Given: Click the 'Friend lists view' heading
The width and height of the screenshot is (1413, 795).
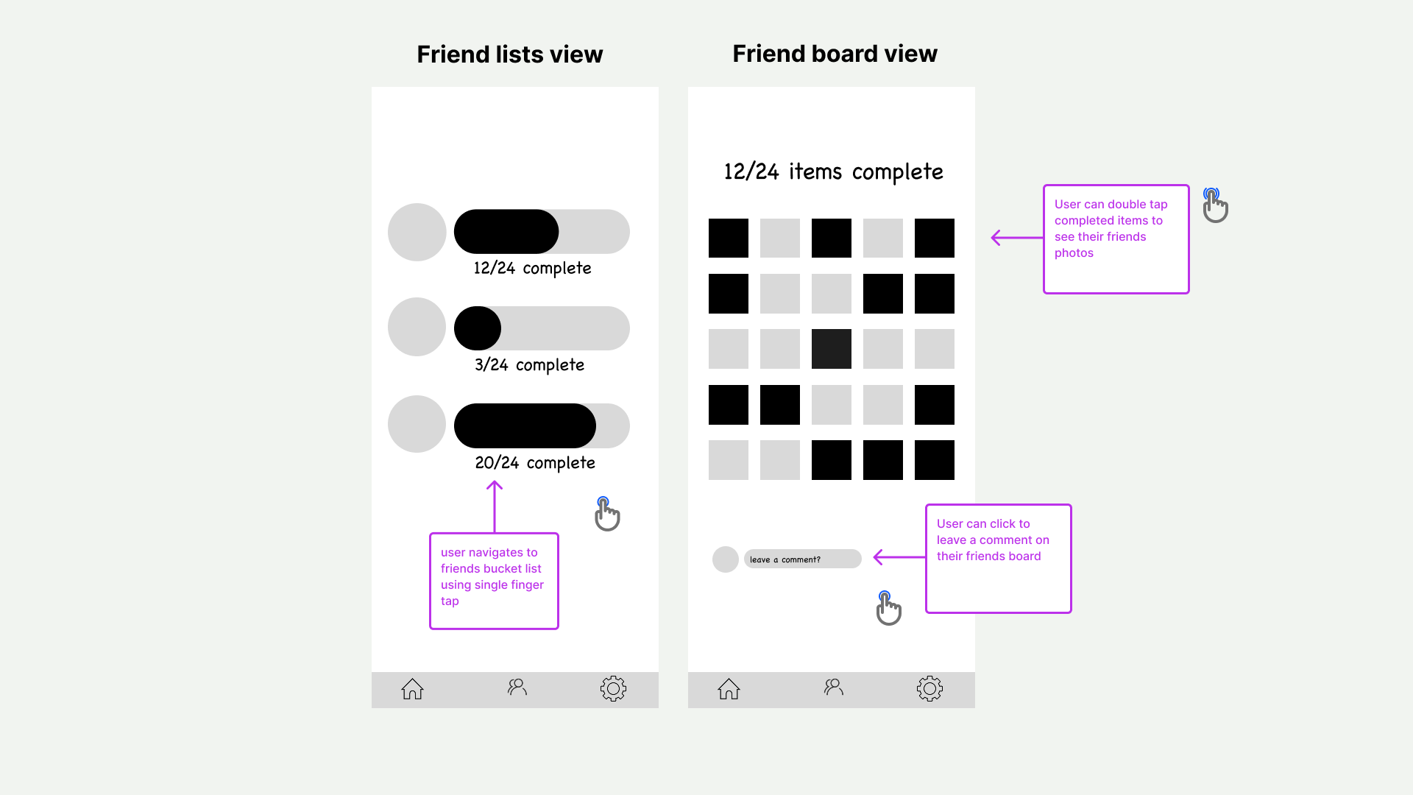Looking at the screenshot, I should click(509, 54).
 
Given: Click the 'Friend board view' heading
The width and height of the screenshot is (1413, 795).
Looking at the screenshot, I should click(835, 54).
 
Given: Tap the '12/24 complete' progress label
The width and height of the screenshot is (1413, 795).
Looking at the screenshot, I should click(532, 268).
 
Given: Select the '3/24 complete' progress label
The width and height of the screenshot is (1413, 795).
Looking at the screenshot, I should click(529, 365).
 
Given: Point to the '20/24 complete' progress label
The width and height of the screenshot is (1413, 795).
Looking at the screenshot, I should click(535, 463).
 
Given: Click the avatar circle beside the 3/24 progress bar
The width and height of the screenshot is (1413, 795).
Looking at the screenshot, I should click(417, 327).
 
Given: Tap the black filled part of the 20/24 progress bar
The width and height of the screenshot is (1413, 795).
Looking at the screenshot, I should click(525, 425).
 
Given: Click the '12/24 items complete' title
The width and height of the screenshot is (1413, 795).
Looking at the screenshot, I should click(833, 172).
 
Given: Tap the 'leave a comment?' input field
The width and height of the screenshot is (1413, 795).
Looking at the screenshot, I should click(802, 559).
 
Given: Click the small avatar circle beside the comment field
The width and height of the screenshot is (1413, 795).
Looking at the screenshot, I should click(726, 559).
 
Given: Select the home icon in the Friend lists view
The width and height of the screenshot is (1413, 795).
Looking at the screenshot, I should click(412, 689).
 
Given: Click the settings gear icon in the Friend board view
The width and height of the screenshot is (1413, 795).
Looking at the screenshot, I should click(929, 689).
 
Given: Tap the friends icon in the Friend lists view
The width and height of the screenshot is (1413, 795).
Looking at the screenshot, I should click(517, 688).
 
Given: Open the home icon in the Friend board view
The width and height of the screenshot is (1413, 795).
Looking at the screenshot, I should click(729, 689).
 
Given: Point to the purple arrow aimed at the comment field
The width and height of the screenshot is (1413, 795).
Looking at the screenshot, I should click(899, 557).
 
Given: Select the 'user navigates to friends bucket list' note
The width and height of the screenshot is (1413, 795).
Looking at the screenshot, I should click(492, 576).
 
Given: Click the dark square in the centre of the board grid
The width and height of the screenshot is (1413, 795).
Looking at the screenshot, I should click(832, 349).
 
